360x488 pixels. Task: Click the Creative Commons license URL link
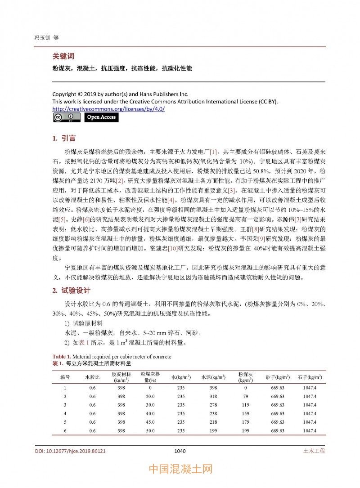coord(108,109)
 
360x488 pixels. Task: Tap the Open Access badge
coord(101,117)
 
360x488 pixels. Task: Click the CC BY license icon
coord(67,117)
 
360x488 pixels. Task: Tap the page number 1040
coord(180,451)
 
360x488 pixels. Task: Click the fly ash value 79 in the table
coord(246,396)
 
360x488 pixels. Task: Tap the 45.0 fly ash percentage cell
coord(150,422)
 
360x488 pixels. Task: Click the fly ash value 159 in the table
coord(246,413)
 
